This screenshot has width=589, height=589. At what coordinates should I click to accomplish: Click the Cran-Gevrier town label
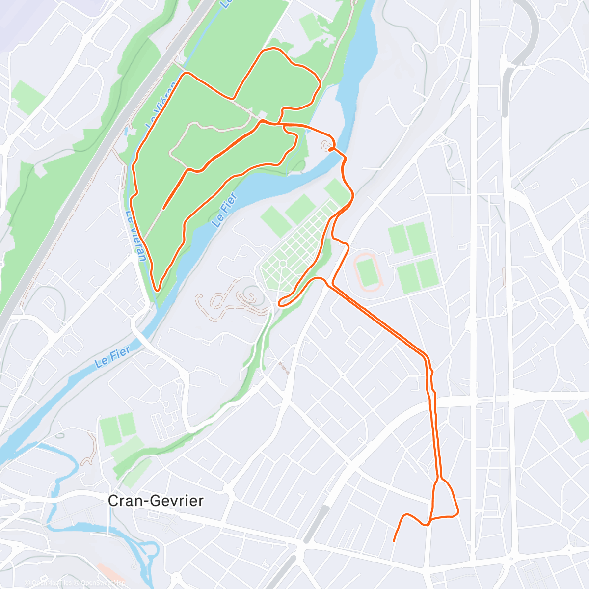155,501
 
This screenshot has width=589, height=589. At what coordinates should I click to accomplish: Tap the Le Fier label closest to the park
224,210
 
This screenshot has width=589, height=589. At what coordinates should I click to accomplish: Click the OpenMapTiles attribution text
52,583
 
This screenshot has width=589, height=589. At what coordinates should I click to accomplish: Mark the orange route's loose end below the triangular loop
394,541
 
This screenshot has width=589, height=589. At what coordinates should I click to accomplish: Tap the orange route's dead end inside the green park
163,209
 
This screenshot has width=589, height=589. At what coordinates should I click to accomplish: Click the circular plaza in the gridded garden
283,264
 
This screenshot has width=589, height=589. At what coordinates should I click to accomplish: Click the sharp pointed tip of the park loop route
157,290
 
